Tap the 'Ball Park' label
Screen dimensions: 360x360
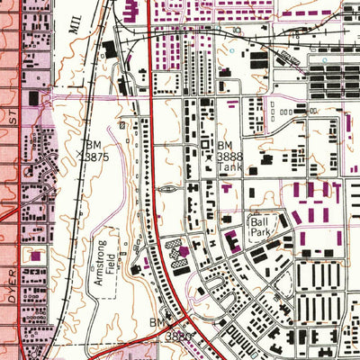click(x=260, y=225)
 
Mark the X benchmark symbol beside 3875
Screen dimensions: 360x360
click(x=84, y=155)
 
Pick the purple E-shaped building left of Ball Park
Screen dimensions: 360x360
click(x=231, y=241)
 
